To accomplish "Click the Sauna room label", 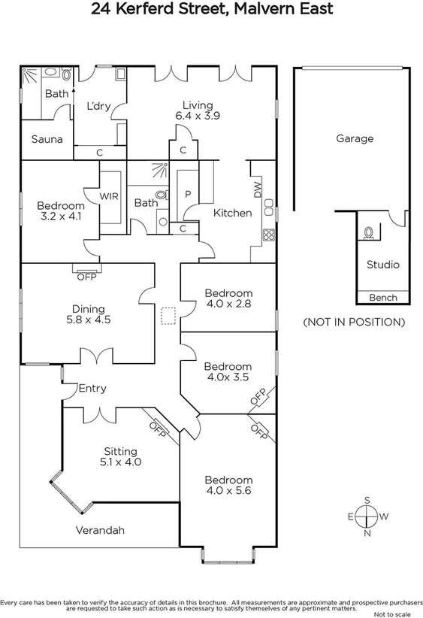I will (x=47, y=140).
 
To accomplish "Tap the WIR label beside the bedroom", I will (x=110, y=195).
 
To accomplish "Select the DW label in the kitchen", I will (x=258, y=191).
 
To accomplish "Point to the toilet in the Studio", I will (x=367, y=233).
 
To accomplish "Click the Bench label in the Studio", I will (x=382, y=298).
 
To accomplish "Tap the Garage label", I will (x=355, y=139).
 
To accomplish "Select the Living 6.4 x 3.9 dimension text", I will (x=198, y=117).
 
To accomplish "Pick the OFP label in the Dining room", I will (x=87, y=277).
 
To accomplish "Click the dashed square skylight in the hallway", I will (x=168, y=317).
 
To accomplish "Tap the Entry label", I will (x=92, y=389).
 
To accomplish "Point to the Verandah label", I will (x=100, y=530).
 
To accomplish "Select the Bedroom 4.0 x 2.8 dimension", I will (x=228, y=304).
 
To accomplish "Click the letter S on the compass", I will (x=367, y=500).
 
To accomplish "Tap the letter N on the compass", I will (x=367, y=534).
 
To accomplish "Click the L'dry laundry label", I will (x=98, y=107).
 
